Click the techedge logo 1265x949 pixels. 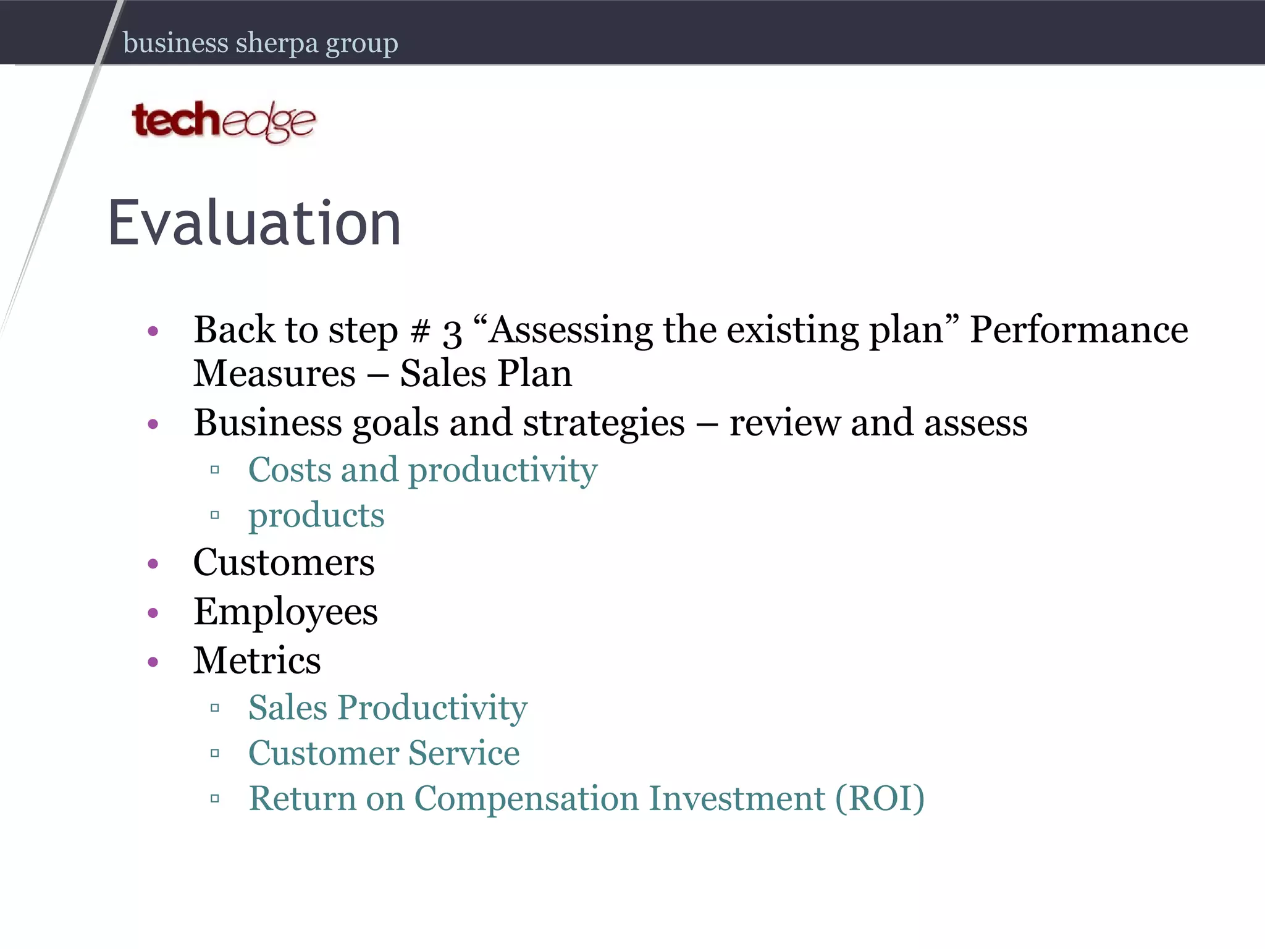224,121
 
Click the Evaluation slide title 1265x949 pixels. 254,224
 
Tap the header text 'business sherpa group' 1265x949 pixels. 260,43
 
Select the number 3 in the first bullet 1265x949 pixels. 452,332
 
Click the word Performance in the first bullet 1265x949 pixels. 1078,330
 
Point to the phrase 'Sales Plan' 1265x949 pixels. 485,374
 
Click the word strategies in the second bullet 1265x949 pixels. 603,424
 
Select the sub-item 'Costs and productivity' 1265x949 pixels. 422,471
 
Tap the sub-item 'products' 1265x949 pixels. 316,516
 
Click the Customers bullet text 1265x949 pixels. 284,563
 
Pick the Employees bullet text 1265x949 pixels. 285,612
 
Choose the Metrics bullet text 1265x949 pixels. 257,661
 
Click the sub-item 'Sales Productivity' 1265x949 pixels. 387,708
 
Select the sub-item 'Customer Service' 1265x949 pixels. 384,753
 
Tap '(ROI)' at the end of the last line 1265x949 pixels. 880,798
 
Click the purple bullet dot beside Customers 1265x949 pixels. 153,563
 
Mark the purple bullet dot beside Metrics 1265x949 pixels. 153,662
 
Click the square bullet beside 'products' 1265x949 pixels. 215,515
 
